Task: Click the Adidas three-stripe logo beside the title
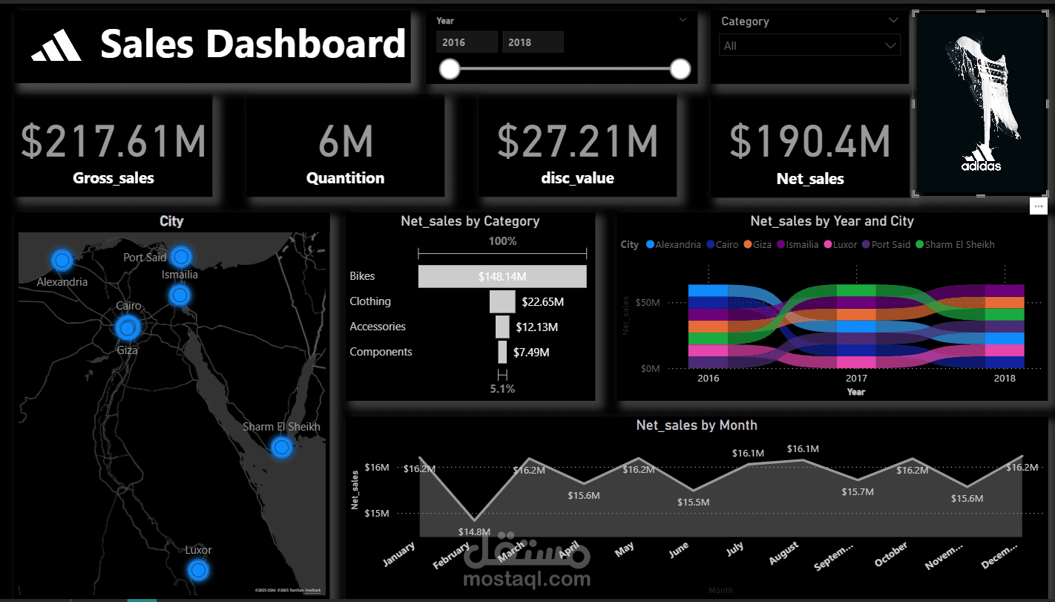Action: point(57,46)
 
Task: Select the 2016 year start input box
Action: point(467,42)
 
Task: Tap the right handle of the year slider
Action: point(680,70)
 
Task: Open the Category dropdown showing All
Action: point(809,46)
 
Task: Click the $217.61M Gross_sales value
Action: point(114,141)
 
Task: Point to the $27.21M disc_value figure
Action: point(578,141)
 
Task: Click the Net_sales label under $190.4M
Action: point(810,179)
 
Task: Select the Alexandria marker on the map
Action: point(62,260)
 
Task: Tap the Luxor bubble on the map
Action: point(197,570)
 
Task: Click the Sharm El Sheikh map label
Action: point(282,427)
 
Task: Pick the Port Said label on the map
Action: point(145,258)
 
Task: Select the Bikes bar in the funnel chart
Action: point(502,277)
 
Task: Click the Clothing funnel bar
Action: point(502,302)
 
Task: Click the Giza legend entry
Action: point(762,244)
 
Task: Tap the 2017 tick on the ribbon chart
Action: point(856,379)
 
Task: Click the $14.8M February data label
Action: point(475,531)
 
